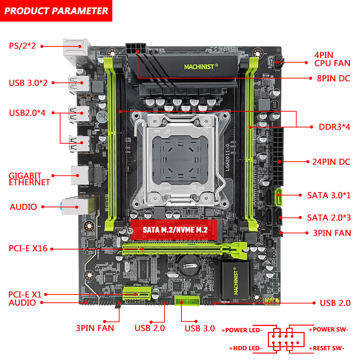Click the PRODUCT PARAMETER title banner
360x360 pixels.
56,10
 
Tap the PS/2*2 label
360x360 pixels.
22,46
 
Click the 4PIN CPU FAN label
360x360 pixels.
332,59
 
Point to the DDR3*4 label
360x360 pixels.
334,127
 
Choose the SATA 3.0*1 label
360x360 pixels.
329,195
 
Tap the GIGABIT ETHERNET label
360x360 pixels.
30,179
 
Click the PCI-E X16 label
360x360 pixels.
28,248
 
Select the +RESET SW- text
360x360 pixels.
326,348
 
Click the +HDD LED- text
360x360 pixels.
246,348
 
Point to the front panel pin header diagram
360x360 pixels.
286,339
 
